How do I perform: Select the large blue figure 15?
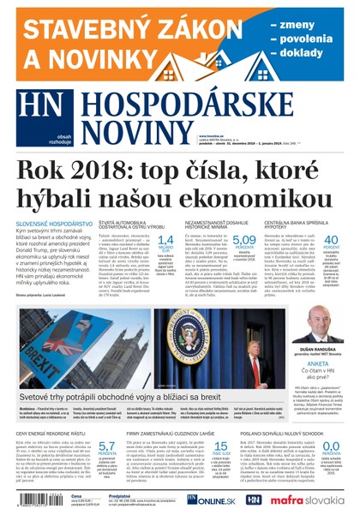tap(220, 446)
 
